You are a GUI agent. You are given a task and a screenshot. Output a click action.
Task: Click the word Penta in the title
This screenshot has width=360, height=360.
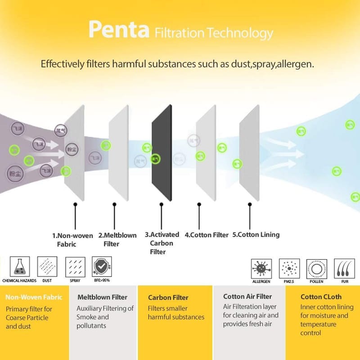point(119,30)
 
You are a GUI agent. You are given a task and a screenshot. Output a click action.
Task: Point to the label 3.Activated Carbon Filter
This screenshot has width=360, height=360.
point(162,243)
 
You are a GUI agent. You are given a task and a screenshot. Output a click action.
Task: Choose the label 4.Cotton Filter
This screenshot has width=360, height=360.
point(206,234)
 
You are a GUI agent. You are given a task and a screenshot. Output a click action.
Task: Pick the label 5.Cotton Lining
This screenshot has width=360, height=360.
point(256,234)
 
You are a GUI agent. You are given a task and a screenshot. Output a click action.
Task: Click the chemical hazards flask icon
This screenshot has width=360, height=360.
point(19,267)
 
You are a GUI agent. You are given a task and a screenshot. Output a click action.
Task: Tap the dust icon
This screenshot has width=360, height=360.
point(46,267)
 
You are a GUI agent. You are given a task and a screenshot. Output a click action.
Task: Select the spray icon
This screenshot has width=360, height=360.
point(75,267)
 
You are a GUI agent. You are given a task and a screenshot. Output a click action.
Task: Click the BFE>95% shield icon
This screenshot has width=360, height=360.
point(101,267)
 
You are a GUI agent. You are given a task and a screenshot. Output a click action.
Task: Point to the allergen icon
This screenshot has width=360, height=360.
point(261,269)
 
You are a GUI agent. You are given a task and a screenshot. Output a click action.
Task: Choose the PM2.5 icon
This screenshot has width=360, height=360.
point(289,269)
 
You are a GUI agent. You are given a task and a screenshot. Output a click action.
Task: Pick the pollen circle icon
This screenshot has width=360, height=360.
point(316,269)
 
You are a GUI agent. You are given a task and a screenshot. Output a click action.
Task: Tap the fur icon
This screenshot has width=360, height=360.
point(344,269)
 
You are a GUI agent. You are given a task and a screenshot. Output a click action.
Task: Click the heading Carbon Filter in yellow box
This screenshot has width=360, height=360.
point(168,297)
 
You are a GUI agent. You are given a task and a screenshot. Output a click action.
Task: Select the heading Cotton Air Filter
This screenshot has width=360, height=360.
point(247,297)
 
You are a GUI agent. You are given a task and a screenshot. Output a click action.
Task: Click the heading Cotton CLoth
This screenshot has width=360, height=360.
point(321,297)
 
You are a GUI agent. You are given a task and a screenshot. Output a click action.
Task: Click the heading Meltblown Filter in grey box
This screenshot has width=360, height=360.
point(102,297)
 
